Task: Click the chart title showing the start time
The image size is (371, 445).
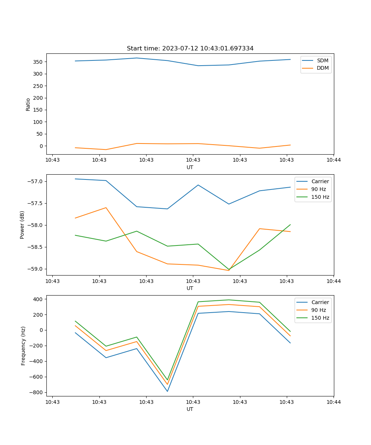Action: click(190, 49)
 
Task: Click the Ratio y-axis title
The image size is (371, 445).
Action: click(28, 105)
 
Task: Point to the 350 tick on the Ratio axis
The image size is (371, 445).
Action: click(39, 62)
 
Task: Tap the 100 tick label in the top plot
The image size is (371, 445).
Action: click(39, 122)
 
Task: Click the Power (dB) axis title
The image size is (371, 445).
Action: click(22, 225)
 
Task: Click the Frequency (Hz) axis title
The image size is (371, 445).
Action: click(23, 346)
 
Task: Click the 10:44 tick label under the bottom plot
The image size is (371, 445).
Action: click(334, 402)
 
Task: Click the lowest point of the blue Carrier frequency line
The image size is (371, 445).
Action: click(167, 391)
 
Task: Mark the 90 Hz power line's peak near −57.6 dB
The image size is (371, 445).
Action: click(106, 208)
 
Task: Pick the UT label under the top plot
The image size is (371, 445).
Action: click(190, 167)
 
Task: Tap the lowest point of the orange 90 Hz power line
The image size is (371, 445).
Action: click(229, 270)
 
